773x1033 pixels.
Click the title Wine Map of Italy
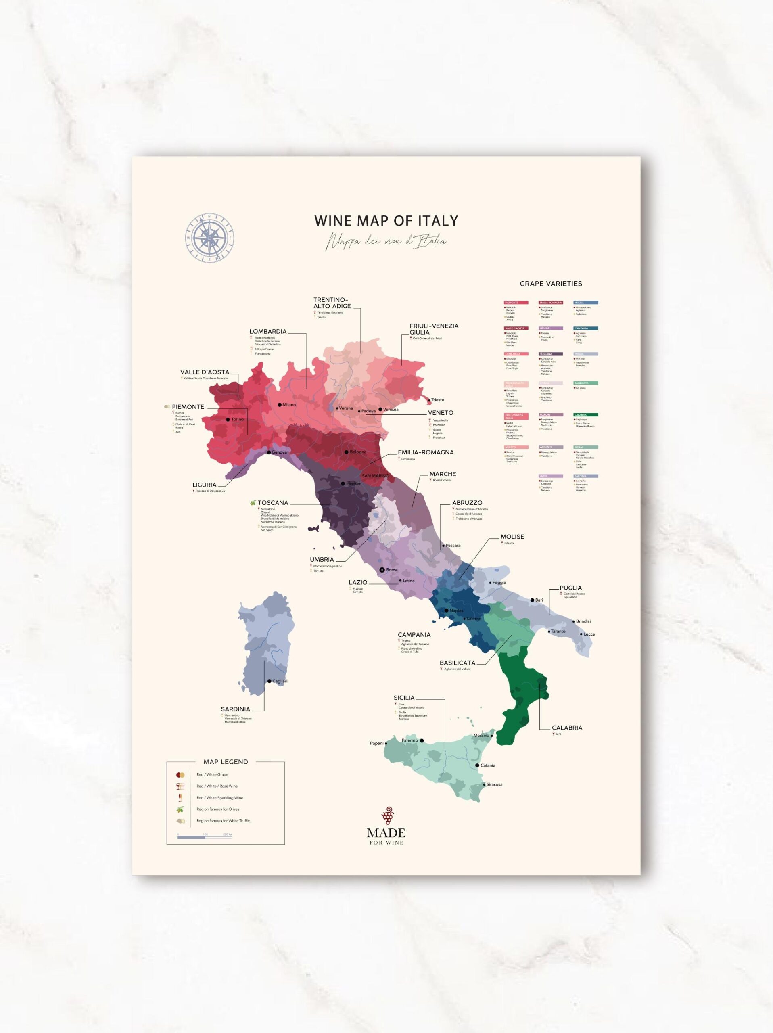[x=386, y=221]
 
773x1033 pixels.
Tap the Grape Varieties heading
[x=550, y=283]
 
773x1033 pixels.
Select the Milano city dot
[x=280, y=404]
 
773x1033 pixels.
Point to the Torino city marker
[x=228, y=419]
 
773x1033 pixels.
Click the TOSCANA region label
[x=273, y=502]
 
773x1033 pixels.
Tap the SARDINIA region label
[x=235, y=709]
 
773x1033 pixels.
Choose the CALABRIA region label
[x=567, y=728]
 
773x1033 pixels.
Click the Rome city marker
[x=382, y=570]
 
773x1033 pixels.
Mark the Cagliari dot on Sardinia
[x=270, y=681]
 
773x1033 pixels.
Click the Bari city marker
[x=532, y=600]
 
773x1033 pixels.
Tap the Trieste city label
[x=437, y=400]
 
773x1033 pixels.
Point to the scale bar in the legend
[x=205, y=837]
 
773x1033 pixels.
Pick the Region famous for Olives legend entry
[x=217, y=809]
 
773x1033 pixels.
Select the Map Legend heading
[x=226, y=762]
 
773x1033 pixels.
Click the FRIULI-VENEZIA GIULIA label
[x=433, y=329]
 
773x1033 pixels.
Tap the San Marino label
[x=375, y=475]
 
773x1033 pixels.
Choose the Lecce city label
[x=589, y=634]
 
